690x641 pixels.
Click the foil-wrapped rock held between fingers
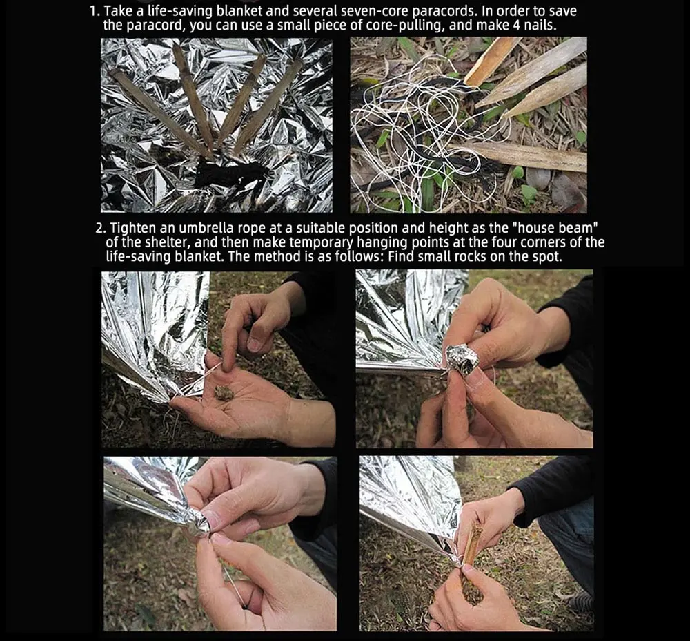tap(462, 359)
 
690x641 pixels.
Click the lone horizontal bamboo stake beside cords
tap(520, 156)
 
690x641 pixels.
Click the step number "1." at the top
tap(95, 11)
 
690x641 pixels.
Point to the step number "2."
tap(101, 228)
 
